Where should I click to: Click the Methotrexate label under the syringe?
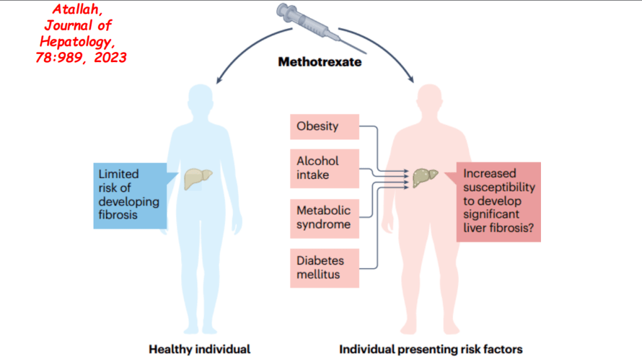point(319,62)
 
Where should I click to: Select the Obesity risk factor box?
point(324,126)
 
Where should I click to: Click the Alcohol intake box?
point(324,169)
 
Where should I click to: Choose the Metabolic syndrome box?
point(324,218)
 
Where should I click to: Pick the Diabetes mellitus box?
point(324,268)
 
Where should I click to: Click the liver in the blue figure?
point(198,179)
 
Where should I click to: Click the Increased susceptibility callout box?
point(498,201)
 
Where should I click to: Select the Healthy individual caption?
point(200,349)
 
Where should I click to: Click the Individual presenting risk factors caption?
point(431,349)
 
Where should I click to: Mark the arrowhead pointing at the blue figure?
point(219,80)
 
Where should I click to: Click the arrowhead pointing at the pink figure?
point(412,80)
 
